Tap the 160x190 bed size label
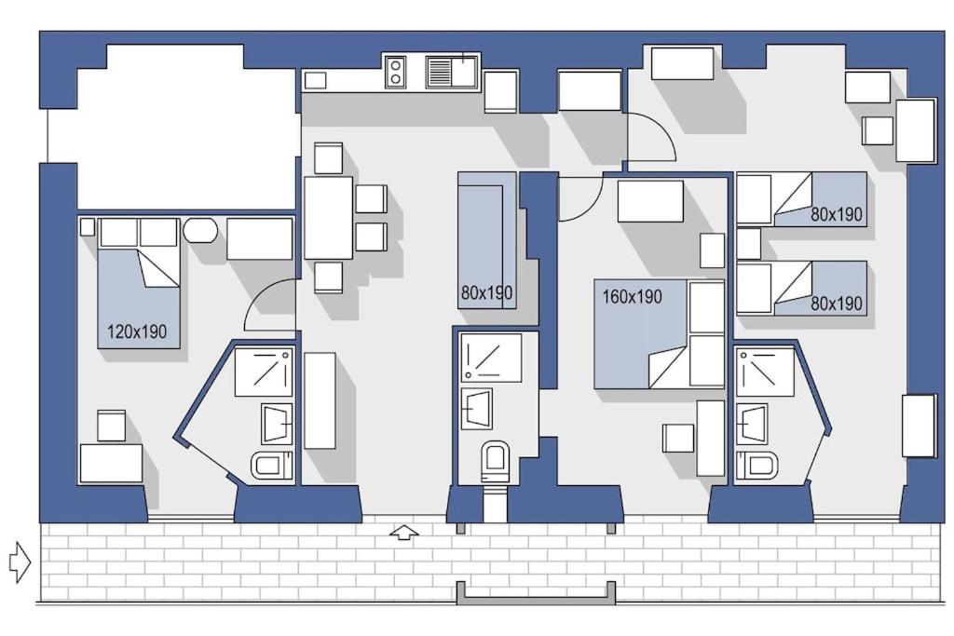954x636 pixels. tap(632, 297)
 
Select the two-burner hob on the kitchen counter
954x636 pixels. tap(396, 72)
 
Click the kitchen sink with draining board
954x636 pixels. tap(451, 72)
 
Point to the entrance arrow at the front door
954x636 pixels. tap(402, 533)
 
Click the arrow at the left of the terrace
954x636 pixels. tap(20, 562)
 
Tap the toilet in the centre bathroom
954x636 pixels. tap(495, 459)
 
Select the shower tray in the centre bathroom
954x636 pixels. tap(491, 358)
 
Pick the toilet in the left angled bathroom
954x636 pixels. tap(272, 464)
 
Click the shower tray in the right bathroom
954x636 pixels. tap(765, 372)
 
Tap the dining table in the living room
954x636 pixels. tap(328, 218)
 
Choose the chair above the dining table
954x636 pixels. tap(328, 158)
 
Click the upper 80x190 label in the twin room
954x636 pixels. tap(836, 214)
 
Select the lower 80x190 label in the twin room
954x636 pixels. tap(836, 304)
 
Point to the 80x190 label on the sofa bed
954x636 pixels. tap(486, 293)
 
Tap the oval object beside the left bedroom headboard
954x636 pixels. tap(199, 231)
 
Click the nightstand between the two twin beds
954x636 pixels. tap(749, 244)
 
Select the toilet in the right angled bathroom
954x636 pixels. tap(757, 465)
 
